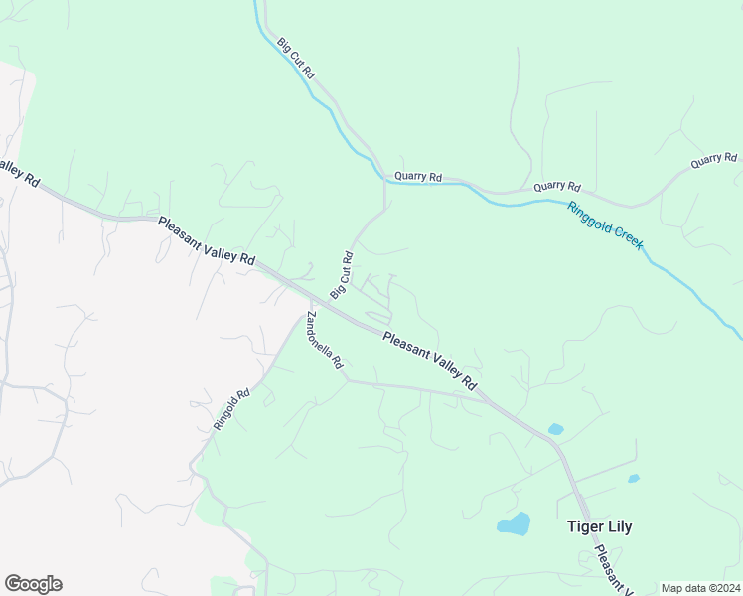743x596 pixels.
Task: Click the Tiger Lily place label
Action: coord(599,526)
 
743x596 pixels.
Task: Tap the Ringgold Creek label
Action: coord(606,225)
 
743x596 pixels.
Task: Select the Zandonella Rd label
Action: coord(325,340)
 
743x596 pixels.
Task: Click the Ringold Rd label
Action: coord(231,408)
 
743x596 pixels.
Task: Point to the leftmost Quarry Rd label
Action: coord(417,177)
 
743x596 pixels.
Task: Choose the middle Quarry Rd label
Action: coord(556,186)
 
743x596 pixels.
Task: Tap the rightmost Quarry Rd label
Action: coord(715,158)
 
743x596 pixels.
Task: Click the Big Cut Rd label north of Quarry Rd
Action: coord(296,59)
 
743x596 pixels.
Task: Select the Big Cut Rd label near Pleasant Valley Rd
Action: coord(342,275)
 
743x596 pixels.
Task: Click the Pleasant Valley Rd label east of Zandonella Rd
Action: coord(430,360)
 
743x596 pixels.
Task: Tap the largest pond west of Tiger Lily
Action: coord(514,523)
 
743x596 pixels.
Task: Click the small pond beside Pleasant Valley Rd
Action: coord(555,430)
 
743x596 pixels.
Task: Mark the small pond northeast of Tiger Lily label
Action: coord(633,479)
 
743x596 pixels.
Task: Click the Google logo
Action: coord(33,584)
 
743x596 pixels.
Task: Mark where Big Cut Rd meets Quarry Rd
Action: coord(384,180)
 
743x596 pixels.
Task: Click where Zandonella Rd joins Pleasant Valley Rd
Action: coord(310,301)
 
